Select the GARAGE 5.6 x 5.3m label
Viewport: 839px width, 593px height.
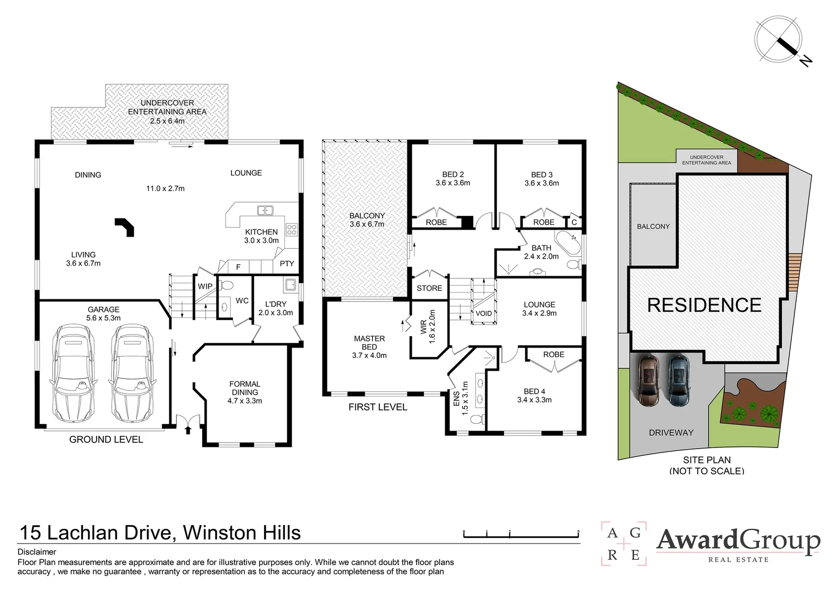tap(103, 314)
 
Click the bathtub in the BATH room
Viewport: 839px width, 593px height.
tap(568, 243)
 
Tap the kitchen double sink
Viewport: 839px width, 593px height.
tap(265, 210)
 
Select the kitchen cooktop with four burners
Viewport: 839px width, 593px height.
tap(292, 230)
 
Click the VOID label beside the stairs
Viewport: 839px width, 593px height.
tap(484, 313)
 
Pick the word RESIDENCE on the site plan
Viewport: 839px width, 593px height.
tap(704, 305)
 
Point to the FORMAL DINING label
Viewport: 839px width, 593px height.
tap(244, 388)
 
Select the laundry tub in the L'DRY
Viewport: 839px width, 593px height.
tap(290, 285)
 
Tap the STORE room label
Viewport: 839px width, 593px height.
tap(429, 288)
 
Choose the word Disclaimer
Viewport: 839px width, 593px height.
tap(37, 552)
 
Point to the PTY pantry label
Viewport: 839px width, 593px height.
tap(287, 264)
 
